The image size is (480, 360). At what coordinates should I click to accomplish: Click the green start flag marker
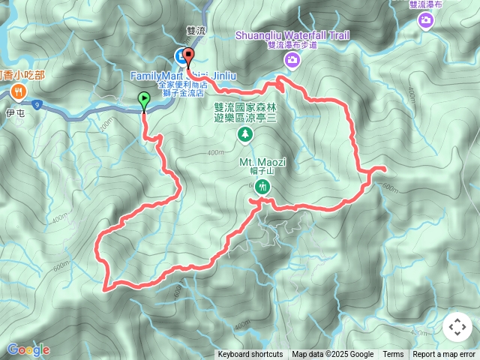tap(143, 98)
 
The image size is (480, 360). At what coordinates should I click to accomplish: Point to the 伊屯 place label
tap(16, 114)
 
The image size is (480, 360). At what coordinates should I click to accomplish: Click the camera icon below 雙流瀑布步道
tap(289, 59)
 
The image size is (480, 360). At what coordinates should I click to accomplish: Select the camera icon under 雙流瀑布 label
tap(426, 21)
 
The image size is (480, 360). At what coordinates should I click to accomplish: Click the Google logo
tap(28, 349)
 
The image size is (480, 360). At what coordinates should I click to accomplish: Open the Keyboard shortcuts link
tap(250, 355)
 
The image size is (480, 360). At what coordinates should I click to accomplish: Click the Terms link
tap(393, 355)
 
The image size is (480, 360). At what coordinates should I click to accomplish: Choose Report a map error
tap(445, 355)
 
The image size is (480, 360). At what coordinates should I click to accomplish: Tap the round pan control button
tap(457, 327)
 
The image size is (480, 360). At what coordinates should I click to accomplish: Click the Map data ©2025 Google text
tap(332, 355)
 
